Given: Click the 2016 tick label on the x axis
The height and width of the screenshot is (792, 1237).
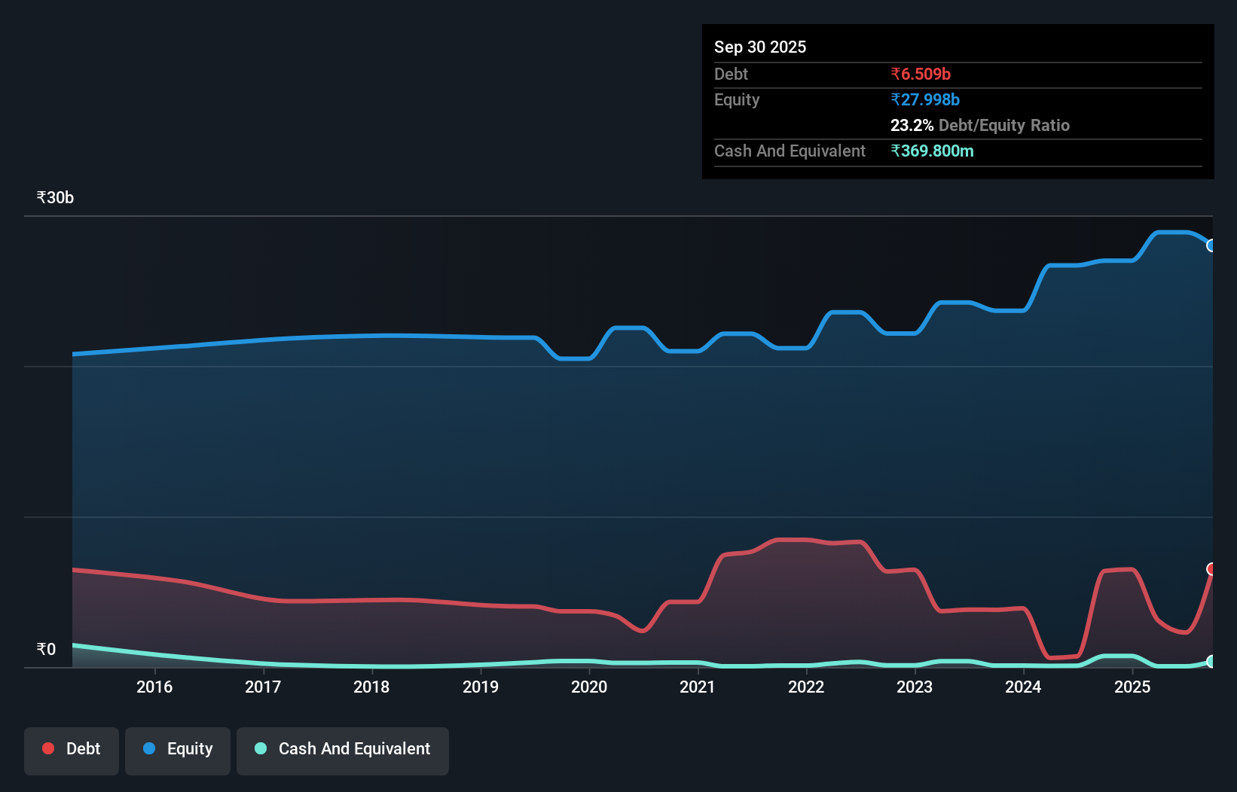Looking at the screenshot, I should tap(154, 687).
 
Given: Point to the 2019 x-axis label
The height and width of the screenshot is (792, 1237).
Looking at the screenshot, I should tap(480, 687).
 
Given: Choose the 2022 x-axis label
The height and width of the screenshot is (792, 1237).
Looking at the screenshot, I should tap(806, 687).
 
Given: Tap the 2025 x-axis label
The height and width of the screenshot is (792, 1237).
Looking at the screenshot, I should tap(1132, 687).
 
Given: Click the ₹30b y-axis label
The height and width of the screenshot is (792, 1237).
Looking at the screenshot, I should tap(55, 197).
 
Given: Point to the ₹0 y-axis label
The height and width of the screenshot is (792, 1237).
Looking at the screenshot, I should tap(46, 649).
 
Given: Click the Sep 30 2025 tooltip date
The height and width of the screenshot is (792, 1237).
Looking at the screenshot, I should tap(759, 47).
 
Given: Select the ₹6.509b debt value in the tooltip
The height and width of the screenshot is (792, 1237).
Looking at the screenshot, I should tap(920, 74).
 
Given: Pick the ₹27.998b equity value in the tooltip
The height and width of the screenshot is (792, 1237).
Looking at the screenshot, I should tap(924, 99).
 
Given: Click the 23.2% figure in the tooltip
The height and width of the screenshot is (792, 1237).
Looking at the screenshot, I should tap(912, 125).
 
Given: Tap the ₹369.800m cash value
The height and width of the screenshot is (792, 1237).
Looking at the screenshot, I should tap(932, 151).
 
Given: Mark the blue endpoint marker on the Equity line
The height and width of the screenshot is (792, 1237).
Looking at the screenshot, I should tap(1211, 245).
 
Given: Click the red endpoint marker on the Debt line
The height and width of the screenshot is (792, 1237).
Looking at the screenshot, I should tap(1211, 569).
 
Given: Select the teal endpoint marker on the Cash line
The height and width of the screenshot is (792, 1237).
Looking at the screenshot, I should tap(1211, 661).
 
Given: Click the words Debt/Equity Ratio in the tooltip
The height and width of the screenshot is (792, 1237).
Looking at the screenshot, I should tap(1003, 125).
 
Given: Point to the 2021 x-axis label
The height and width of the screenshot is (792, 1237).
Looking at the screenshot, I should tap(697, 687).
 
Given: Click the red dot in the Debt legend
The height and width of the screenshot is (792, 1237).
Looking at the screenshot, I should tap(48, 748).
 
